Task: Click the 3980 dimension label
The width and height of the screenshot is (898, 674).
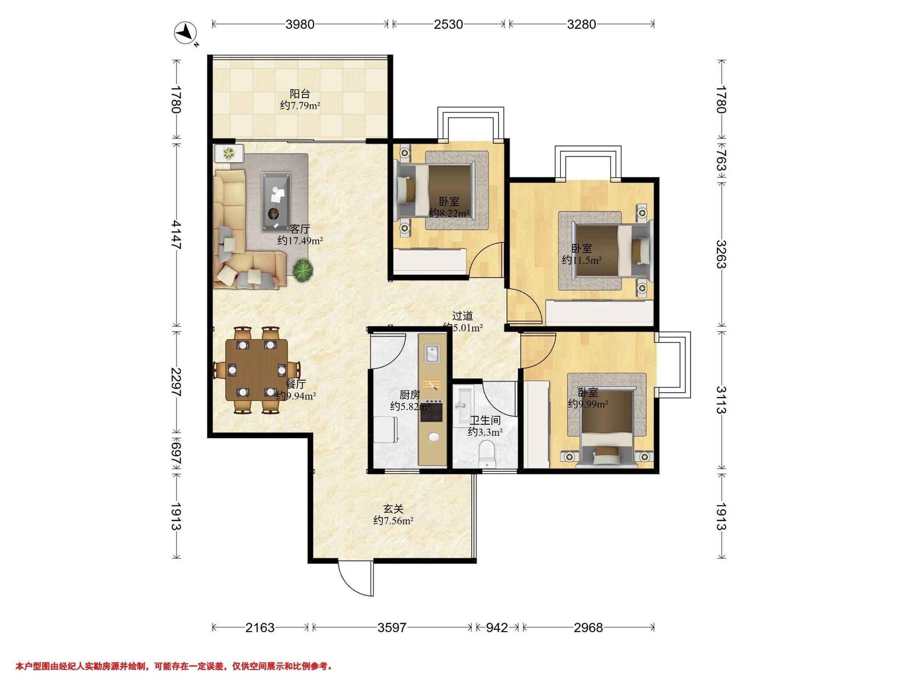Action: tap(300, 24)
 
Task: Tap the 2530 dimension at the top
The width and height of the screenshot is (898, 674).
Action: tap(448, 24)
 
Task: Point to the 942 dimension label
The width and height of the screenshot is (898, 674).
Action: tap(497, 628)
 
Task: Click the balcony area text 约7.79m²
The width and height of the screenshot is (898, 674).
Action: tap(300, 106)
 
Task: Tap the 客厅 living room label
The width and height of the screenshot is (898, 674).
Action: tap(300, 229)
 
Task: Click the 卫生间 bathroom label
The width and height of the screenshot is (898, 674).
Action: tap(485, 420)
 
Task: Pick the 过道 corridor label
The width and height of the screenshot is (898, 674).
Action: tap(462, 316)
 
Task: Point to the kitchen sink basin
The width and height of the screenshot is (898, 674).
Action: tap(431, 353)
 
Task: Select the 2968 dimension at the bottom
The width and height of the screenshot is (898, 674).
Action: tap(588, 628)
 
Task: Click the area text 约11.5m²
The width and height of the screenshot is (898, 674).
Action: tap(582, 260)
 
